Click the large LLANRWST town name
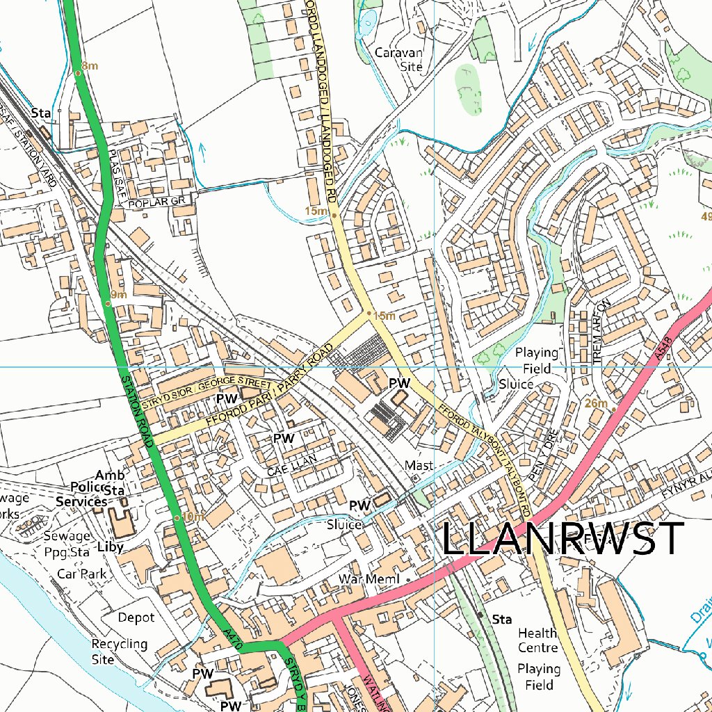pos(563,539)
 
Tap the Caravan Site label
pos(398,59)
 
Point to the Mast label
pos(419,464)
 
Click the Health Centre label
pos(537,640)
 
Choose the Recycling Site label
pos(120,652)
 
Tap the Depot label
pos(136,617)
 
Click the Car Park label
pos(82,574)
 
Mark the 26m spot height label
pos(597,403)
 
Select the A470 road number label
pos(234,639)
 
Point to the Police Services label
pos(82,494)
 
